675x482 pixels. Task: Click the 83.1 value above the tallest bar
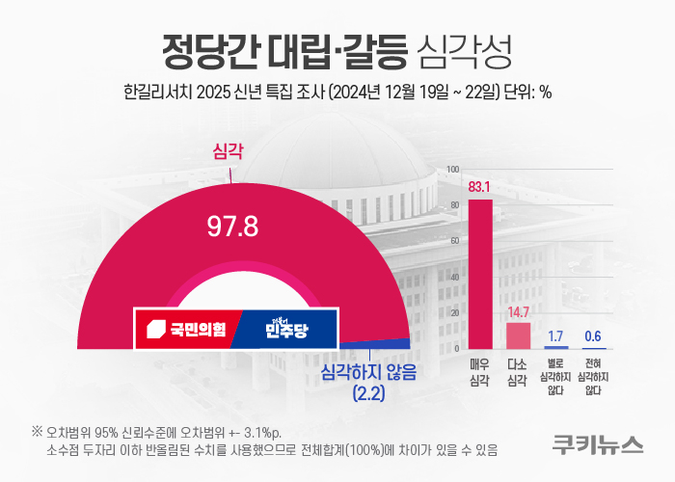coord(479,186)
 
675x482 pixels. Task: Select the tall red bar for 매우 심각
coord(479,274)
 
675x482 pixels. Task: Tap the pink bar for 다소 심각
coord(518,335)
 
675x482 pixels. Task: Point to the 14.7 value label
coord(518,311)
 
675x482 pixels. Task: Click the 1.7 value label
coord(555,335)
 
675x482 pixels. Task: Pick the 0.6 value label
coord(593,335)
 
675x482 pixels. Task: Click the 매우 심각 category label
coord(479,371)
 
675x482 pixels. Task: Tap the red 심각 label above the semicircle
coord(229,151)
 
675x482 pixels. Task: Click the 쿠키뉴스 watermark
coord(598,444)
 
